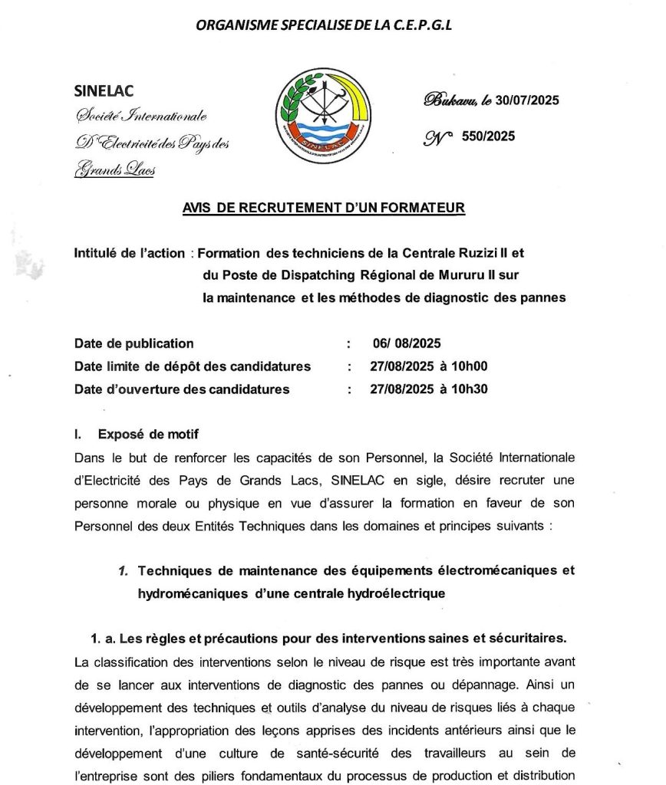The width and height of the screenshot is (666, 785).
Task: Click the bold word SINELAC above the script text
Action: [104, 91]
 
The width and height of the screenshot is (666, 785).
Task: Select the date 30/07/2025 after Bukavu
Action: [528, 100]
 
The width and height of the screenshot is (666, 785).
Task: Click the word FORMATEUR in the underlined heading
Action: [427, 208]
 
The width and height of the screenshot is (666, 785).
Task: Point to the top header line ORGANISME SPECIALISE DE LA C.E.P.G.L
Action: [325, 25]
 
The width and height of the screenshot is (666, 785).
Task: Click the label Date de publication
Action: [134, 343]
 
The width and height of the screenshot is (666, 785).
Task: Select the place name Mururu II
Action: [448, 275]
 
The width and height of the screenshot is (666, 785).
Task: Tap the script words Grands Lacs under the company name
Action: [115, 171]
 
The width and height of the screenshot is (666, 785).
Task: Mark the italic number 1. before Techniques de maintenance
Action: [123, 571]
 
